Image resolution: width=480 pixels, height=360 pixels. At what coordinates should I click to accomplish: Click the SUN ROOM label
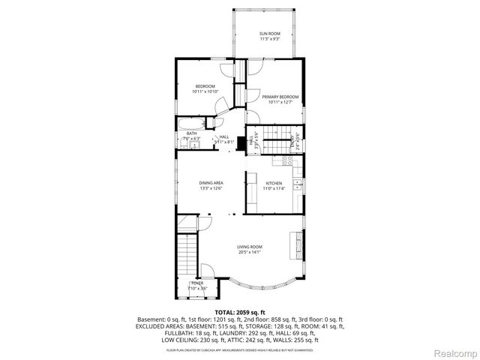(x=269, y=34)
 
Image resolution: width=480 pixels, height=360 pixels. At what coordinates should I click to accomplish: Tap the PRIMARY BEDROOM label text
(x=280, y=97)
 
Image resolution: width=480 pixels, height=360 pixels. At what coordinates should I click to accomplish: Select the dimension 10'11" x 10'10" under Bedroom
(x=205, y=92)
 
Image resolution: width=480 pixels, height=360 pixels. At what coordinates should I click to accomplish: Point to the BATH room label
(x=192, y=133)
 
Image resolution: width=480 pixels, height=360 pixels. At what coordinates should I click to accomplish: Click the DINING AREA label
(x=211, y=183)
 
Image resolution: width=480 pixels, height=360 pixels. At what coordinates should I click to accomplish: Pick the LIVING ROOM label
(x=250, y=247)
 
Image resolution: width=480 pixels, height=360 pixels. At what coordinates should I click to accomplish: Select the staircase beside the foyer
(x=185, y=256)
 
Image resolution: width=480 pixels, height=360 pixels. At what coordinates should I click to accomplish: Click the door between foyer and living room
(x=208, y=271)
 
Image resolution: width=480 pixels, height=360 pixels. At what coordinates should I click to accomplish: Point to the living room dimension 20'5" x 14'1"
(x=250, y=252)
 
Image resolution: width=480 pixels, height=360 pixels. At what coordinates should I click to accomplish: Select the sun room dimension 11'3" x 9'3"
(x=269, y=39)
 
